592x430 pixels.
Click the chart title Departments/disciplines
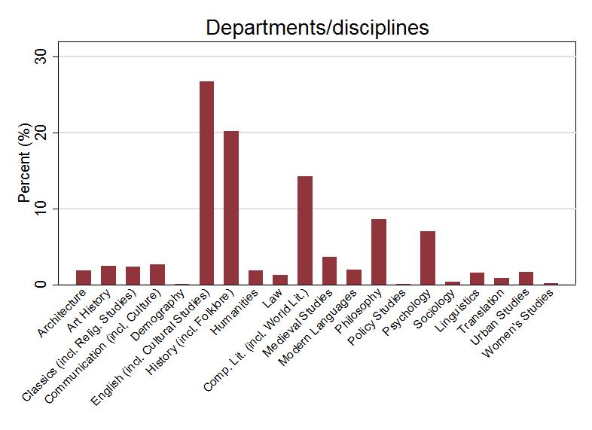click(x=317, y=28)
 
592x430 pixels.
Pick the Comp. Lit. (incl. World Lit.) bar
click(x=305, y=230)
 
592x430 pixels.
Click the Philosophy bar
click(x=379, y=252)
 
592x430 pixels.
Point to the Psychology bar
click(x=428, y=258)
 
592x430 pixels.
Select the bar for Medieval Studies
click(x=329, y=270)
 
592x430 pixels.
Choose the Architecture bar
click(x=84, y=277)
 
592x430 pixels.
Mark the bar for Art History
click(x=108, y=275)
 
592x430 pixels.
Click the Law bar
click(x=280, y=279)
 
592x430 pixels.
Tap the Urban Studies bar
click(x=526, y=278)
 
